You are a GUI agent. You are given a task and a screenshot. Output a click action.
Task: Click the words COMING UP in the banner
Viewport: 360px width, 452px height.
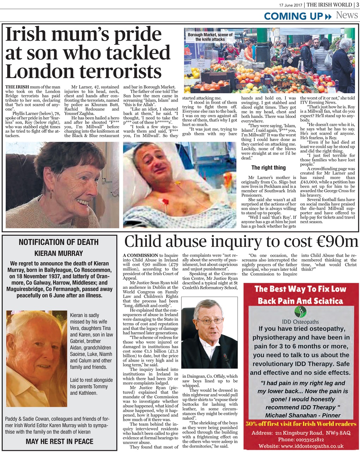tap(293, 16)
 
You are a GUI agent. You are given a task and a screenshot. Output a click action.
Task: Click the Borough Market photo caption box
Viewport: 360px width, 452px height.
tap(210, 37)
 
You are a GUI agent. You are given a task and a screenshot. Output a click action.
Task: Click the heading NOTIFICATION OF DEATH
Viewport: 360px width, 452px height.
tap(59, 242)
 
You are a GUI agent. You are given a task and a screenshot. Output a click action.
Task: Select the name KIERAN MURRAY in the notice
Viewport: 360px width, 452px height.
tap(59, 253)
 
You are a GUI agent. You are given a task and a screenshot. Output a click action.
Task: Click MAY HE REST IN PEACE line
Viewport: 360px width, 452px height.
tap(59, 441)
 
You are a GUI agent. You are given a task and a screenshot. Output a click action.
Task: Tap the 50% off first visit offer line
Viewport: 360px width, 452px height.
tap(301, 424)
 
